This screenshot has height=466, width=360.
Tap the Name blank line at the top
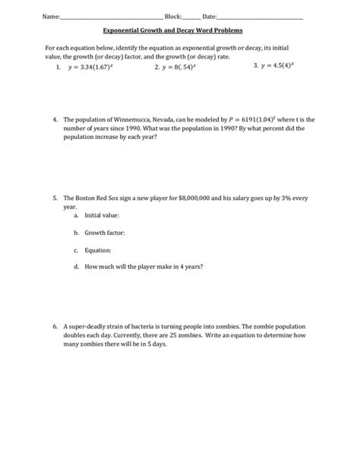(x=99, y=17)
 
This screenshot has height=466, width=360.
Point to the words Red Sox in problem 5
(x=108, y=198)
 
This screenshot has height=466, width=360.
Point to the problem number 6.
(x=55, y=326)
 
